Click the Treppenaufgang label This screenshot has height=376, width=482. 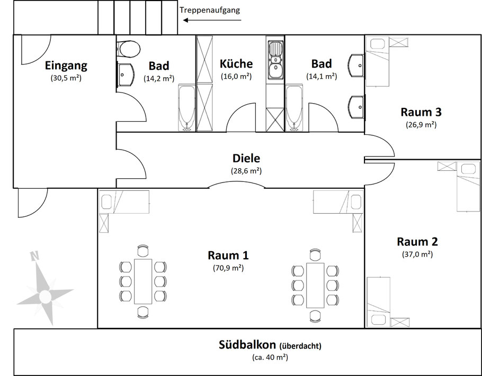210,10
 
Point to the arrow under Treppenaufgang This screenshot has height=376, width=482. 212,20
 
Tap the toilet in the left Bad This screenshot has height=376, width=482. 129,49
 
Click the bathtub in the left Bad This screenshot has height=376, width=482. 187,108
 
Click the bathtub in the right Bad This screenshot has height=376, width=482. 294,108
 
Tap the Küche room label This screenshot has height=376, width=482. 236,63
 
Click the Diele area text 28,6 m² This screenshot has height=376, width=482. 246,171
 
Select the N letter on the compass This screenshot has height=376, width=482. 34,255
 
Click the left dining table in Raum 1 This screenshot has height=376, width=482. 143,281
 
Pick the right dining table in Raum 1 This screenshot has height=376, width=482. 315,285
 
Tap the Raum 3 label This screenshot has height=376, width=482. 421,112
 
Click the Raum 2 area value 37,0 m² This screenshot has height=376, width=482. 417,254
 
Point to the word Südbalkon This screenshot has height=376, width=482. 247,345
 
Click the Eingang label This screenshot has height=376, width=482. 66,66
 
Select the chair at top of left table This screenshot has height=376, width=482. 143,251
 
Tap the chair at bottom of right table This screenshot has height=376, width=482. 315,316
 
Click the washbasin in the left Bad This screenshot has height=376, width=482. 126,75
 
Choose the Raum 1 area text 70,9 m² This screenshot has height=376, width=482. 228,268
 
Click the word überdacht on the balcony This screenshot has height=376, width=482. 300,346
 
